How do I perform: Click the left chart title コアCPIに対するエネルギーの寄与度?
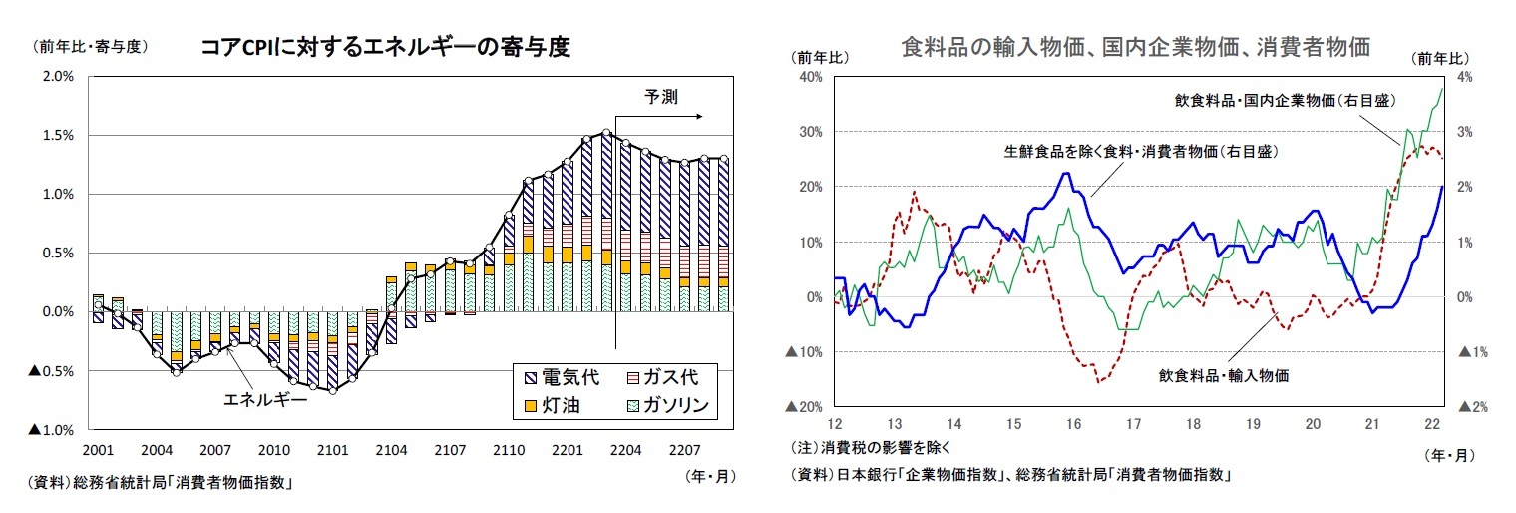[385, 47]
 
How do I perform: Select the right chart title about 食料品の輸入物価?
[1134, 47]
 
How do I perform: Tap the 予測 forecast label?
[660, 97]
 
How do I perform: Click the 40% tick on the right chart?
[808, 76]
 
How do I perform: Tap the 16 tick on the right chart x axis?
[1073, 424]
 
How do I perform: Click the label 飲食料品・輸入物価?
[1224, 376]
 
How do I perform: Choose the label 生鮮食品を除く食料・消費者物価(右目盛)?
[1140, 152]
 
